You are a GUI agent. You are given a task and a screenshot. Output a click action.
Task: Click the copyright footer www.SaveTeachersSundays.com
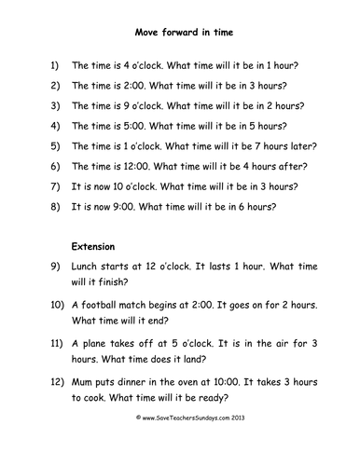point(181,445)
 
